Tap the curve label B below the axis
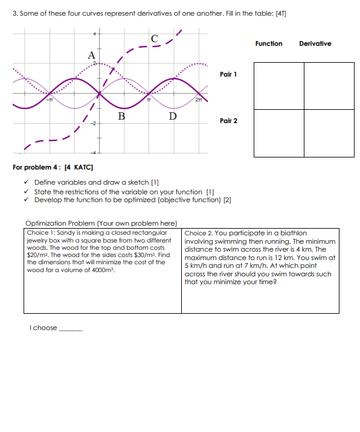(x=121, y=115)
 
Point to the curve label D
(x=173, y=115)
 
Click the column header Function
(x=268, y=43)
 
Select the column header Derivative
(x=315, y=43)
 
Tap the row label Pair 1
(x=228, y=74)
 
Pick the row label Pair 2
(x=228, y=121)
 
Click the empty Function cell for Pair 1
(x=278, y=85)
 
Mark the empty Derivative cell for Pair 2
(x=329, y=133)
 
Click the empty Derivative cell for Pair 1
(x=329, y=85)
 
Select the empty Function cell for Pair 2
(x=278, y=133)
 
